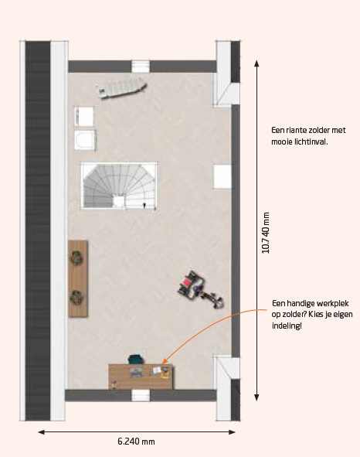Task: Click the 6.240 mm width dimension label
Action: point(136,442)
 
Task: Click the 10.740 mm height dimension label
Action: point(266,233)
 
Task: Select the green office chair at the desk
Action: point(136,359)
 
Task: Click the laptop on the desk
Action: point(136,373)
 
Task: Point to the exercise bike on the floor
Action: point(201,289)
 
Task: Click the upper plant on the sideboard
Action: point(77,258)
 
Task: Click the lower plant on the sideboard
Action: point(76,298)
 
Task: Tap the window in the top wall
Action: point(141,67)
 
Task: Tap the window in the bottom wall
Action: point(141,395)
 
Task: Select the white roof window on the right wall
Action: point(222,176)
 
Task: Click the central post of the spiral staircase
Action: point(119,202)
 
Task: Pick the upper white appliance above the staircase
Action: point(84,118)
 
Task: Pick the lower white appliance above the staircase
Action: point(85,140)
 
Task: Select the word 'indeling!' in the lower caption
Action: point(287,326)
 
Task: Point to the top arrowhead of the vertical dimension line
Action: point(256,63)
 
